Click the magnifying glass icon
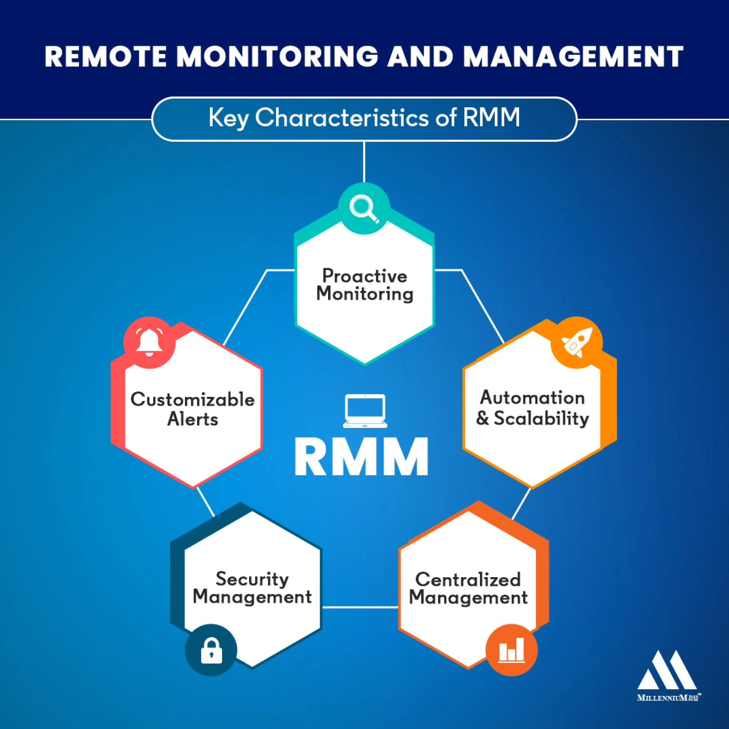tap(364, 208)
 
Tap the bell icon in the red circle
tap(149, 342)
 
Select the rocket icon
tap(577, 342)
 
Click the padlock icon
tap(211, 650)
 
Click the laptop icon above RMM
tap(365, 411)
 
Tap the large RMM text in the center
tap(361, 457)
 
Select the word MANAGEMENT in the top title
tap(573, 57)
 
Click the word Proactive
tap(364, 276)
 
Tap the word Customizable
tap(193, 399)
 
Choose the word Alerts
tap(193, 419)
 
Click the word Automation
tap(532, 398)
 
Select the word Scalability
tap(541, 418)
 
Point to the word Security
tap(252, 579)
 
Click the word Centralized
tap(468, 579)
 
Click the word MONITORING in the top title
tap(277, 57)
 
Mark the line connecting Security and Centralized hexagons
tap(360, 607)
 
